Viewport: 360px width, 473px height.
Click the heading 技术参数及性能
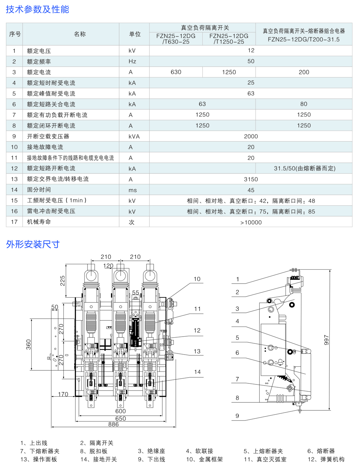coord(37,9)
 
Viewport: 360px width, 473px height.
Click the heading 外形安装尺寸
coord(33,244)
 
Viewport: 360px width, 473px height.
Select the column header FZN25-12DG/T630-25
coord(176,39)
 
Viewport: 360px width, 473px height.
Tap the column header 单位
coord(135,34)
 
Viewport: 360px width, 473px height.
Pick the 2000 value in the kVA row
coord(251,136)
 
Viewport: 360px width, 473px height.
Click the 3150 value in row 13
coord(251,179)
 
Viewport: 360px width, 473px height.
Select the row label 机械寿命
coord(39,222)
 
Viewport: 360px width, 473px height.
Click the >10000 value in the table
coord(251,222)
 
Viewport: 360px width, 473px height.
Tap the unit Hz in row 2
coord(132,62)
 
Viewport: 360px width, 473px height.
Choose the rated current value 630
coord(176,72)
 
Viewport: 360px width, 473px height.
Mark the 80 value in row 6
coord(304,104)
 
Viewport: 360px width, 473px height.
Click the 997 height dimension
coord(327,340)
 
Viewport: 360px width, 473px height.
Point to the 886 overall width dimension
coord(113,424)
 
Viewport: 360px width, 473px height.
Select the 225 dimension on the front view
coord(63,281)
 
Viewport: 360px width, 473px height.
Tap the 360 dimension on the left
coord(29,344)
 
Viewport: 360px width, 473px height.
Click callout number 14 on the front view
coord(197,372)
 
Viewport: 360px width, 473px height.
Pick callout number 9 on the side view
coord(237,416)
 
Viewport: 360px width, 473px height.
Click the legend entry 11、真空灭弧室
coord(265,459)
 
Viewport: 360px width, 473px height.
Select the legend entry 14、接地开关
coord(98,459)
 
